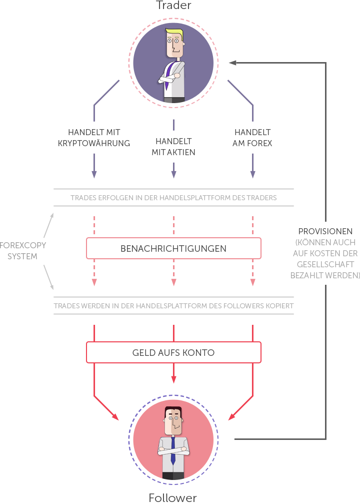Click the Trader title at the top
tap(173, 6)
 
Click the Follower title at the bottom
tap(172, 497)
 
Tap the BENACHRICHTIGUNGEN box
tap(173, 248)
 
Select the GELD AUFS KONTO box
tap(173, 352)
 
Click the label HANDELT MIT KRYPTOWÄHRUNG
tap(94, 138)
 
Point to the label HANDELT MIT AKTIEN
tap(173, 147)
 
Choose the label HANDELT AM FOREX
tap(252, 138)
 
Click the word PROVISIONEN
tap(325, 232)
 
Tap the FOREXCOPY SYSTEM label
tap(23, 251)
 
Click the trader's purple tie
tap(171, 75)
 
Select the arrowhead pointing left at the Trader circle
tap(232, 63)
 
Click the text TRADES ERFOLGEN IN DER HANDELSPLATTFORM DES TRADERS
tap(173, 198)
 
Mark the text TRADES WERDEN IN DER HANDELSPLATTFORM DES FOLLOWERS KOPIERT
tap(173, 306)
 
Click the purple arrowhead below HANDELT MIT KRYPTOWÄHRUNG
tap(94, 174)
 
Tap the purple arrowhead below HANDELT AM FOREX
tap(252, 174)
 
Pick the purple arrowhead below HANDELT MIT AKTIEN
tap(173, 174)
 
